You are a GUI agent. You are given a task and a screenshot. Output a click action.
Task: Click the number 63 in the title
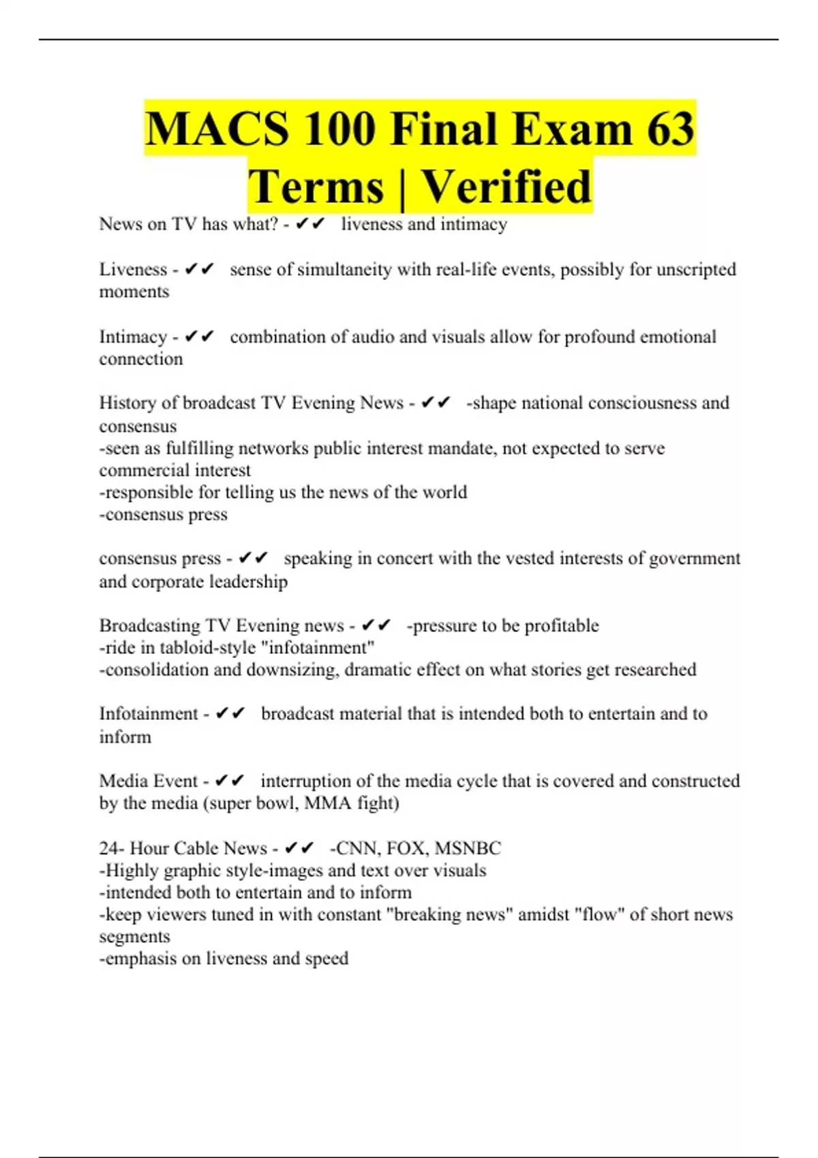[x=670, y=129]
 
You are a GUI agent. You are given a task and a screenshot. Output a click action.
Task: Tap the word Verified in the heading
[x=506, y=186]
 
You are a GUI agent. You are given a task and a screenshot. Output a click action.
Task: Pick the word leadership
[x=248, y=582]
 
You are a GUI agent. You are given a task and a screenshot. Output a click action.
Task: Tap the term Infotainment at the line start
[x=149, y=714]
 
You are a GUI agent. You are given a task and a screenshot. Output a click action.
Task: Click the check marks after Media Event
[x=230, y=781]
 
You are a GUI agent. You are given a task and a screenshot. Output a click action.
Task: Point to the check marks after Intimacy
[x=200, y=337]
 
